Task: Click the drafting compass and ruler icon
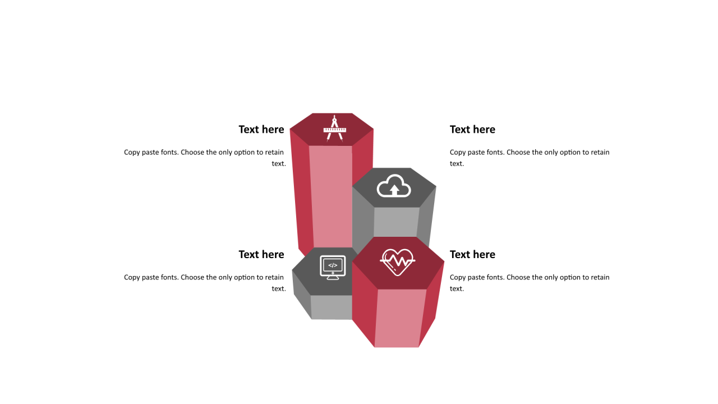pyautogui.click(x=335, y=128)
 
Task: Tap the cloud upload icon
pyautogui.click(x=394, y=186)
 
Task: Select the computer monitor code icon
pyautogui.click(x=333, y=268)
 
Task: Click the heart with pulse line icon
pyautogui.click(x=398, y=262)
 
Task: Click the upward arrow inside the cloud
pyautogui.click(x=394, y=190)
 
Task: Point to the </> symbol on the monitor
pyautogui.click(x=333, y=265)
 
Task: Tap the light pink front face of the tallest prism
pyautogui.click(x=332, y=196)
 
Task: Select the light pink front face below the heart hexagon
pyautogui.click(x=400, y=318)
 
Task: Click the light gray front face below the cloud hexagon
pyautogui.click(x=396, y=222)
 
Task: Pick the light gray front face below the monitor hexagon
pyautogui.click(x=332, y=307)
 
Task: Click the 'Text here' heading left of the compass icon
pyautogui.click(x=261, y=129)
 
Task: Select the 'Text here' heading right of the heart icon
pyautogui.click(x=472, y=254)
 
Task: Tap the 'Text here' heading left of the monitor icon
pyautogui.click(x=261, y=254)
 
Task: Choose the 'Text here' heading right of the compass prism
pyautogui.click(x=472, y=129)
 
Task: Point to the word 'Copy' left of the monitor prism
pyautogui.click(x=132, y=278)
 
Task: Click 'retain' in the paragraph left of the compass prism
pyautogui.click(x=274, y=152)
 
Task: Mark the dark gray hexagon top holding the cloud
pyautogui.click(x=394, y=187)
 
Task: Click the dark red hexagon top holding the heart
pyautogui.click(x=398, y=263)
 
